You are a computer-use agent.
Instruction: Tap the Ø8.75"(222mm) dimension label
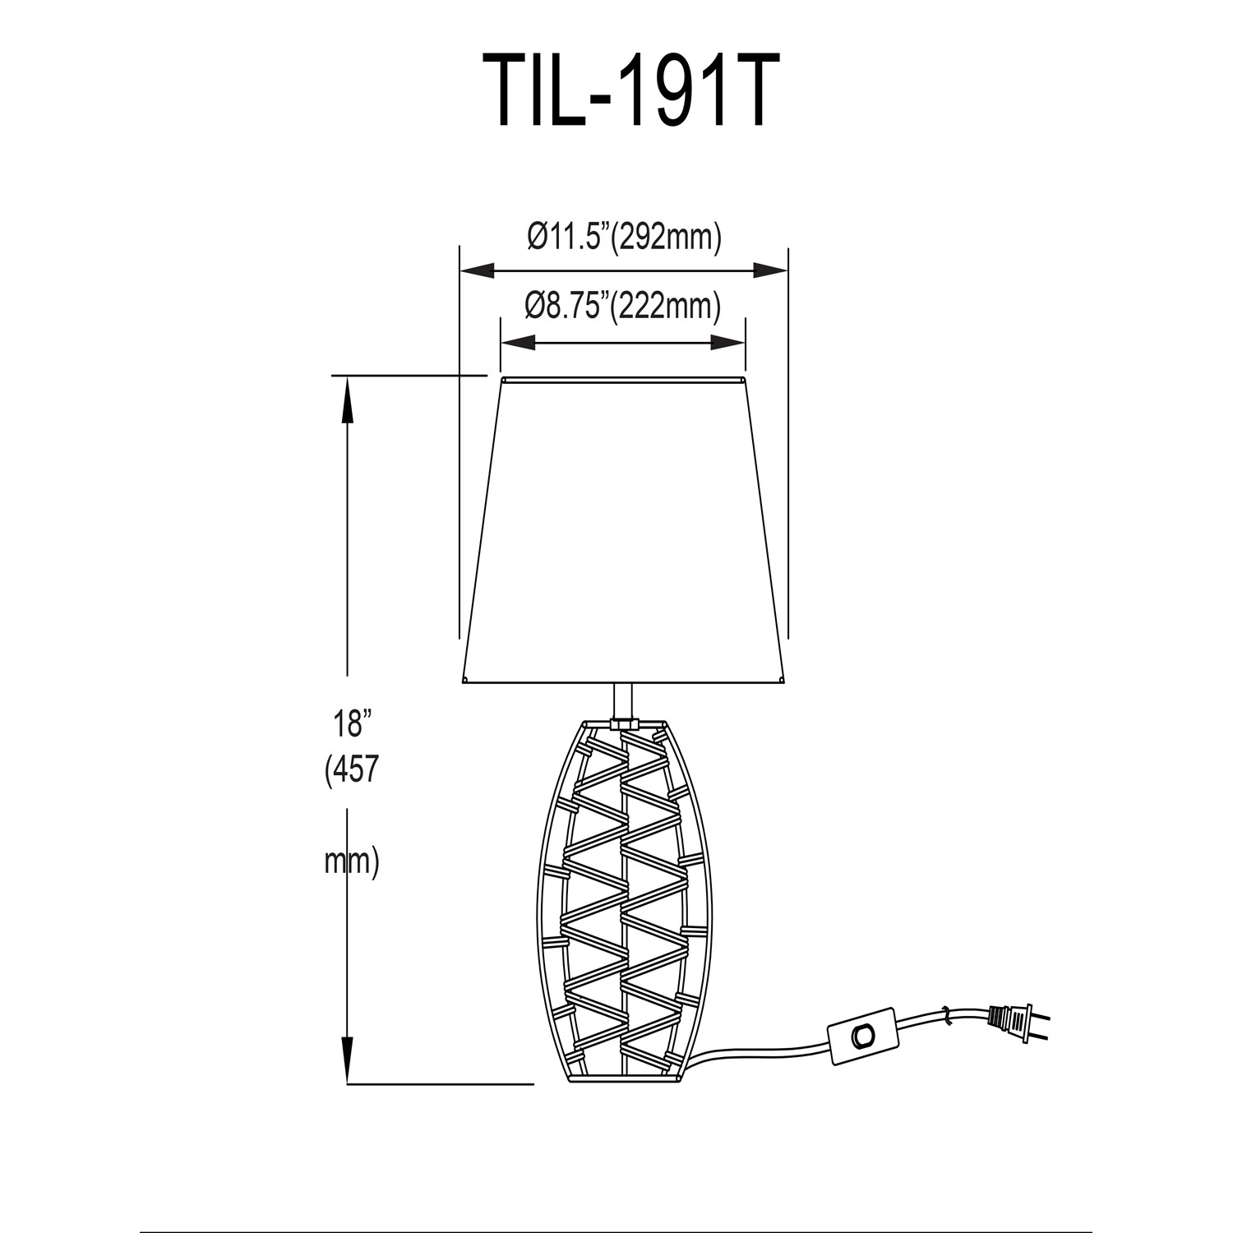623,307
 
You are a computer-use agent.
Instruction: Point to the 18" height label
348,724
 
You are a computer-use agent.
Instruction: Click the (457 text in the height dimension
352,770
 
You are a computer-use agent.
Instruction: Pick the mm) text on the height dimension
352,862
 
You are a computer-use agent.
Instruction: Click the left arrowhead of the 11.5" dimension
477,270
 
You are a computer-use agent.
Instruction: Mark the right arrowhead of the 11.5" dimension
770,270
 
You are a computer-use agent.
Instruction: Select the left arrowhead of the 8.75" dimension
518,342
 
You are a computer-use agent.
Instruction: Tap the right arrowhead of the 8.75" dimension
728,342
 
